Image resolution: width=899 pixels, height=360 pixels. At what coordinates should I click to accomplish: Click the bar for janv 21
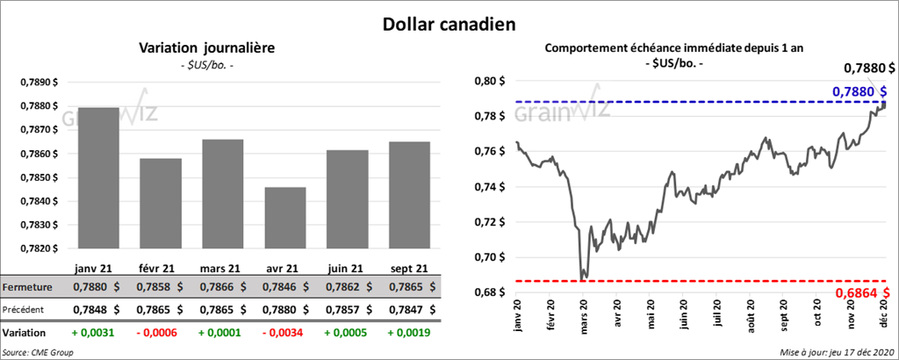pos(98,177)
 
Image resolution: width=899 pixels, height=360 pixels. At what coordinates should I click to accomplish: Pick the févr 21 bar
pos(161,203)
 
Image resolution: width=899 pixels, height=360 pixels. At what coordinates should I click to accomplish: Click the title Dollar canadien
pos(449,24)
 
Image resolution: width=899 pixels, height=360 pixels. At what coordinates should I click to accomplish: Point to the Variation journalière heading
pos(207,48)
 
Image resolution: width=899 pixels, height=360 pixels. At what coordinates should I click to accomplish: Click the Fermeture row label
pos(26,287)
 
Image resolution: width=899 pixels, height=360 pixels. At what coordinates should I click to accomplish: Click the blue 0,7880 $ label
pos(859,90)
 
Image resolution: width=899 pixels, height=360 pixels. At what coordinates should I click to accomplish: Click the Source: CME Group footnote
pos(38,351)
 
